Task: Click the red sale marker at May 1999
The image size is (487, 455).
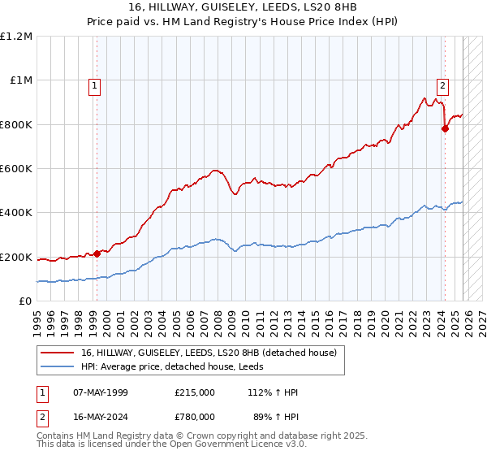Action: [97, 253]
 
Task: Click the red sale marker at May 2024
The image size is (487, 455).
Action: [445, 129]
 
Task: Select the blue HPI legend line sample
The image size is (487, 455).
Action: [57, 366]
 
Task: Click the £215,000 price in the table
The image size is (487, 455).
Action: [195, 392]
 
